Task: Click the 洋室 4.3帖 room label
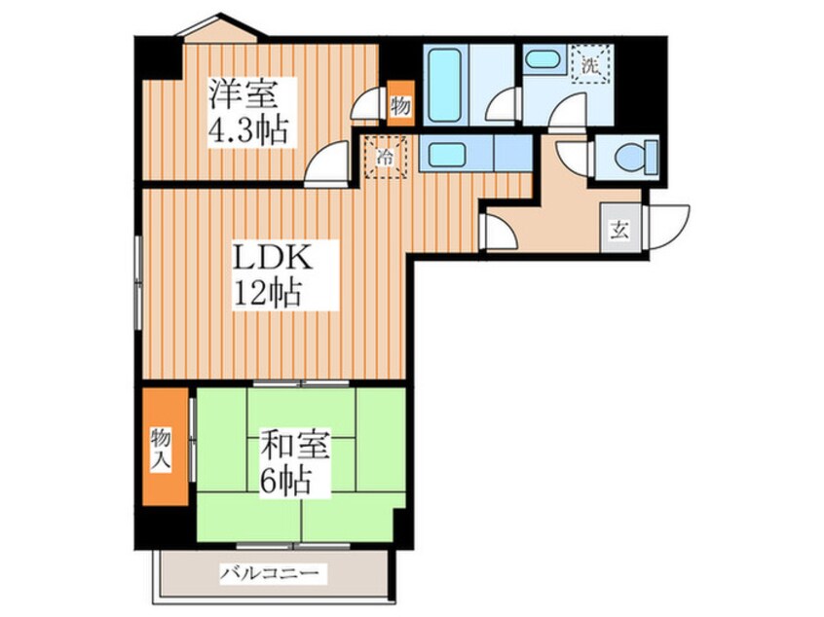[x=248, y=112]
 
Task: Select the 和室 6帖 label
[x=294, y=462]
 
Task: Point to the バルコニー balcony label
[x=269, y=572]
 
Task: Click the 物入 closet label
[x=161, y=449]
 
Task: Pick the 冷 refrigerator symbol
[x=386, y=157]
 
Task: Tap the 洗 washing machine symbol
[x=592, y=64]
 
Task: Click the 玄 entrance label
[x=620, y=229]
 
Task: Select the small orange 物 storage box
[x=401, y=103]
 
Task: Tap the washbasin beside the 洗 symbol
[x=543, y=59]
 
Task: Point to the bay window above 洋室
[x=221, y=27]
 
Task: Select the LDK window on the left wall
[x=138, y=282]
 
